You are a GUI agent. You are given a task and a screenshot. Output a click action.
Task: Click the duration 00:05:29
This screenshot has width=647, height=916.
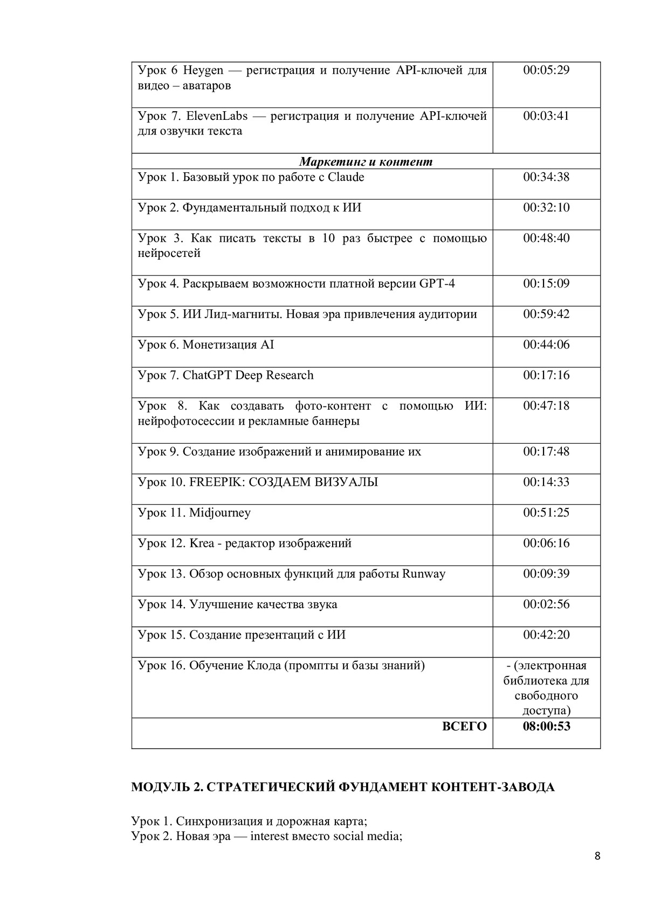point(546,70)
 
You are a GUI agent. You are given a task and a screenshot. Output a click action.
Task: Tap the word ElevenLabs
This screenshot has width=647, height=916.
point(217,116)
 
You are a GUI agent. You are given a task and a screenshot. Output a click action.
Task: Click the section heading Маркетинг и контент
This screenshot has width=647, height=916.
point(366,162)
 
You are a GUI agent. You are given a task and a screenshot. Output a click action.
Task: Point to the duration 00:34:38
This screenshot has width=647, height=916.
point(546,177)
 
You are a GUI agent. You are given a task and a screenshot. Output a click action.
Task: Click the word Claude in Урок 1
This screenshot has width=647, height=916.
point(346,177)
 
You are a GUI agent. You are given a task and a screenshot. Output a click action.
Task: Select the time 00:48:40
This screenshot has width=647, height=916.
point(546,238)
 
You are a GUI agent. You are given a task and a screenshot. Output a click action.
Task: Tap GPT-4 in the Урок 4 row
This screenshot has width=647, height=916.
point(437,284)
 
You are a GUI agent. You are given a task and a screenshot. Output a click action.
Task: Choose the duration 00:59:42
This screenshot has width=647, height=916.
point(546,314)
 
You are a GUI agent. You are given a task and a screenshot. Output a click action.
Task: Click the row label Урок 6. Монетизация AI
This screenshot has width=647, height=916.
point(206,345)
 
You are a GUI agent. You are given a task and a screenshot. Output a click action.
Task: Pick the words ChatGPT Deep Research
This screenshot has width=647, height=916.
point(248,375)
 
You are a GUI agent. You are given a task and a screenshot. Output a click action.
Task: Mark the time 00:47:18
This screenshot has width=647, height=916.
point(546,406)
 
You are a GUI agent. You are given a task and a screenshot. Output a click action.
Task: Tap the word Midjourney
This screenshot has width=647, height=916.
point(220,513)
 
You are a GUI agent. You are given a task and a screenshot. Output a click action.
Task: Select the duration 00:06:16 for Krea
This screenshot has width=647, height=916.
point(546,543)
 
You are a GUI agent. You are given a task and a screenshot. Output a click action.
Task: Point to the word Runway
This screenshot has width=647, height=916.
point(424,574)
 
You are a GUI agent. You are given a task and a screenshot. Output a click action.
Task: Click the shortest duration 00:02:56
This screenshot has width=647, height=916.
point(546,604)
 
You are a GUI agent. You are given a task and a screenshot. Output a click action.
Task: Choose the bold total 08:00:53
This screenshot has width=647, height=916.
point(546,727)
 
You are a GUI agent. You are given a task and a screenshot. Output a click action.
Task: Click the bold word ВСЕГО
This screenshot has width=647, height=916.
point(464,727)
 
